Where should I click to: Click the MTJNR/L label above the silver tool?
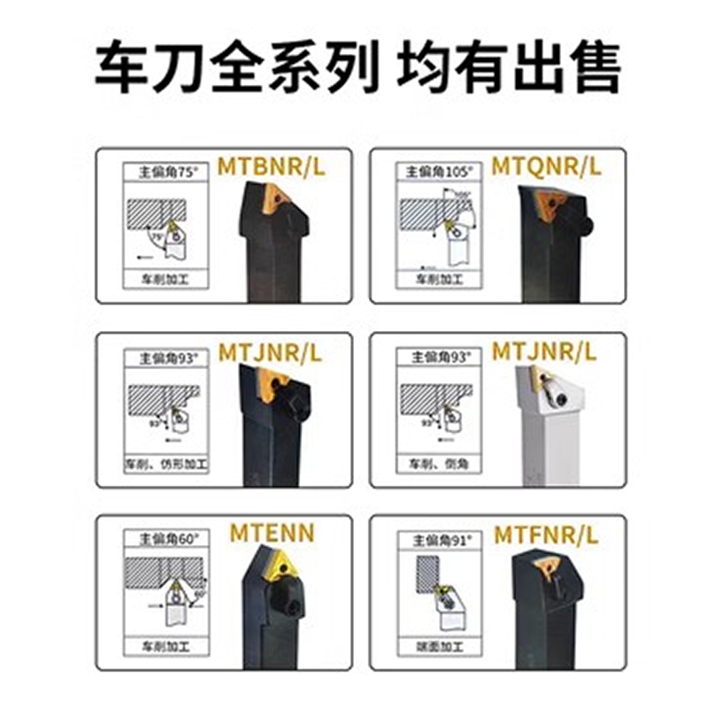coord(545,351)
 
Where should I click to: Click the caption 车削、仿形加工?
coord(165,464)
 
